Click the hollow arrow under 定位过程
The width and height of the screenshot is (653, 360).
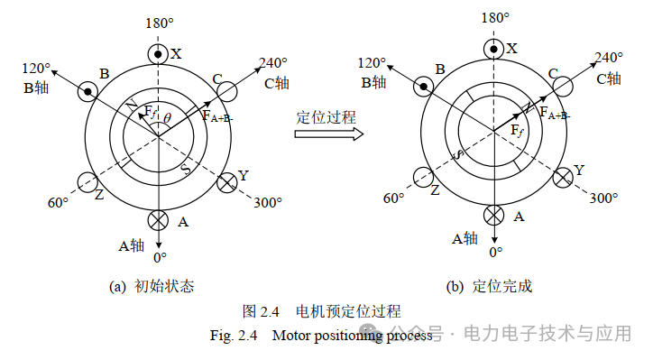[329, 134]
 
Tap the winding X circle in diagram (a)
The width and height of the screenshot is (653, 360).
[158, 54]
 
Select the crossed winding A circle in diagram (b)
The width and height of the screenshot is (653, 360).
[494, 216]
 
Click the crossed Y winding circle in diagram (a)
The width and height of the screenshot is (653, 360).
[227, 182]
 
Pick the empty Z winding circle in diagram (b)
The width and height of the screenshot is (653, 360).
[423, 178]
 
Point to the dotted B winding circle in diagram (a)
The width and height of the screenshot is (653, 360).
[87, 92]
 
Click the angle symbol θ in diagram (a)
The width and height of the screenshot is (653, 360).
[167, 118]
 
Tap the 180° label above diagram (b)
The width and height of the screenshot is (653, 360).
[495, 18]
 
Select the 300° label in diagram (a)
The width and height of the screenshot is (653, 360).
[268, 203]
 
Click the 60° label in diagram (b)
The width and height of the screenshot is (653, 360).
[393, 198]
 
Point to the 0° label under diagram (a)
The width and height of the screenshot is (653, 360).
[160, 258]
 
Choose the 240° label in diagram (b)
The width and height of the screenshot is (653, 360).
[609, 57]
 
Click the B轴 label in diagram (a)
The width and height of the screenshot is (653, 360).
[36, 88]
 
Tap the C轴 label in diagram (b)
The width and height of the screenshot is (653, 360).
[609, 78]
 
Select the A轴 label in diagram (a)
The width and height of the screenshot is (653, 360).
[131, 245]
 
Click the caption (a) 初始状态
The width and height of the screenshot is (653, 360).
[152, 287]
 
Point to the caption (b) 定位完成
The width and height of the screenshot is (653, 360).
[489, 287]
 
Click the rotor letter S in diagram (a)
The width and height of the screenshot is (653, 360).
[186, 169]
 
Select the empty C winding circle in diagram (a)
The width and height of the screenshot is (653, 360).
[227, 92]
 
